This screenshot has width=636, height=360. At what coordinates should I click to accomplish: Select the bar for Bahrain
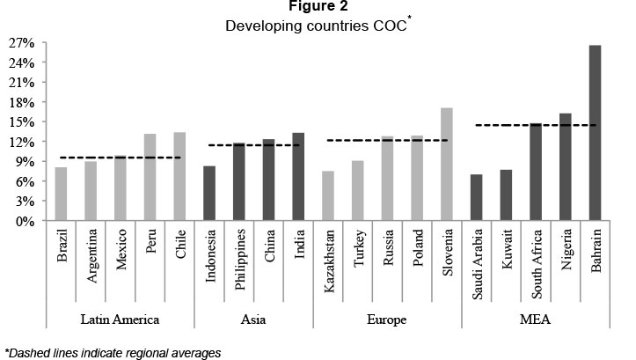click(595, 133)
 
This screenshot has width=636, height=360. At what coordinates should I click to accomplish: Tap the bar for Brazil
click(61, 194)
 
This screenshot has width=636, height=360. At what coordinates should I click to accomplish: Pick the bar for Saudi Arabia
click(476, 197)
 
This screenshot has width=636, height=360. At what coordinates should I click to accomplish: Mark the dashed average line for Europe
click(387, 140)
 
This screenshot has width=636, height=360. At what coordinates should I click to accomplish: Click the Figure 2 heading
click(318, 7)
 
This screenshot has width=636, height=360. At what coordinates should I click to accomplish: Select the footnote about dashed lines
click(112, 352)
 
